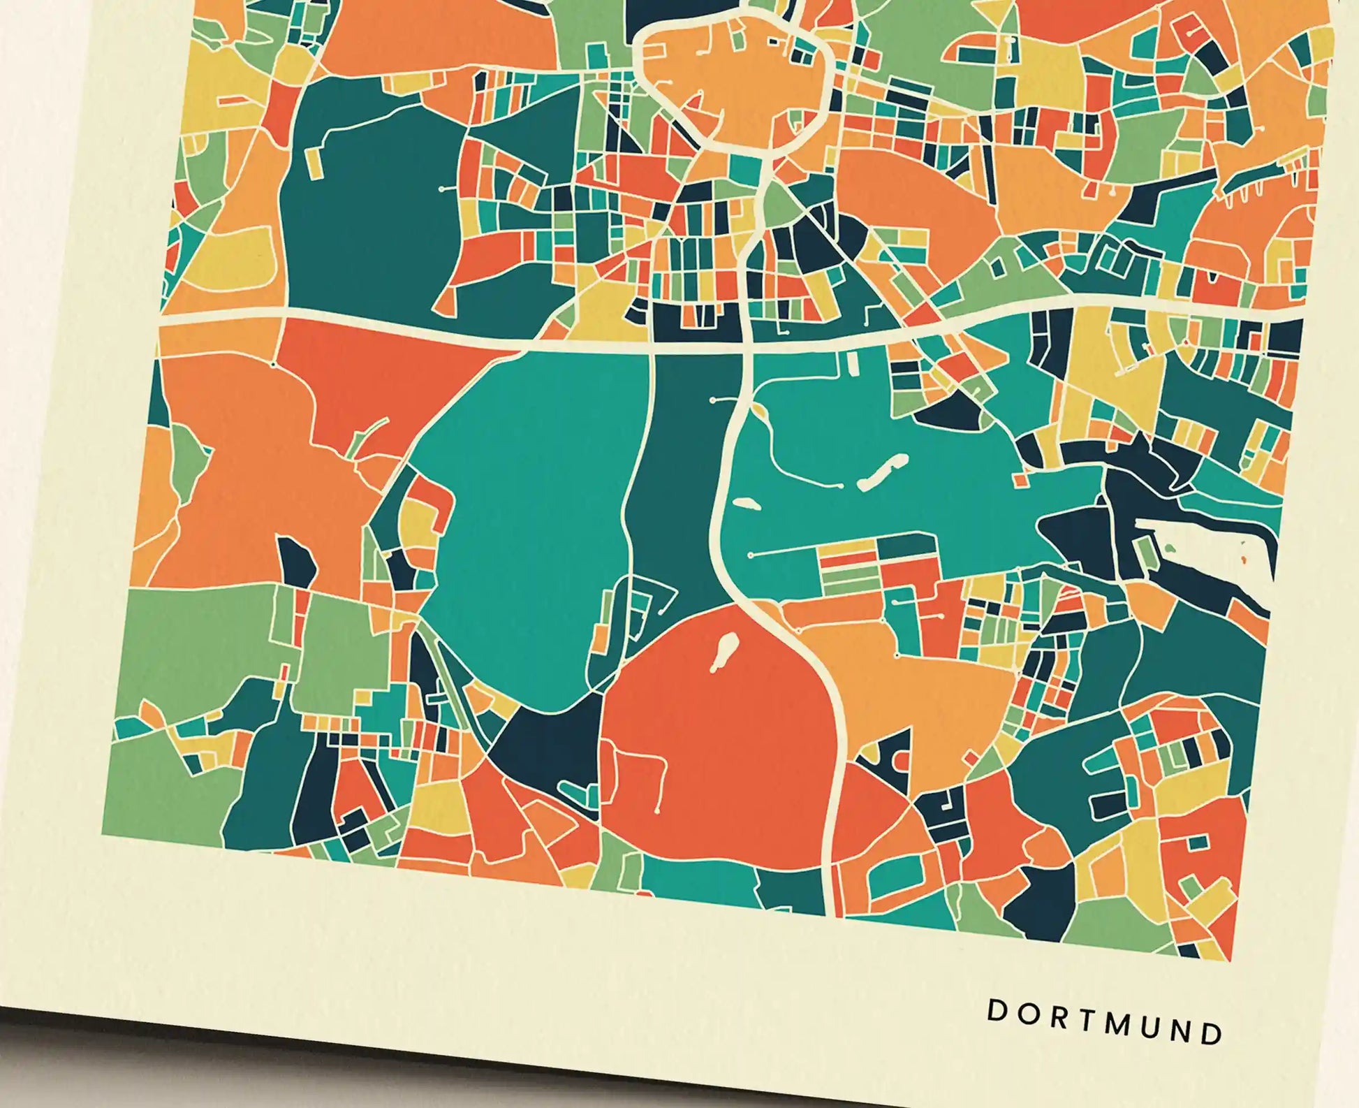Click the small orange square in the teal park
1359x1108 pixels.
(x=1021, y=479)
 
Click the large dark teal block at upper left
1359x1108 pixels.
(x=370, y=210)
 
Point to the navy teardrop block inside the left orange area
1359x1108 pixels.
(x=297, y=562)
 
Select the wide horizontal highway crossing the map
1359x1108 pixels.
(x=419, y=334)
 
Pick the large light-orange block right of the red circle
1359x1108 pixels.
(x=915, y=678)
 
